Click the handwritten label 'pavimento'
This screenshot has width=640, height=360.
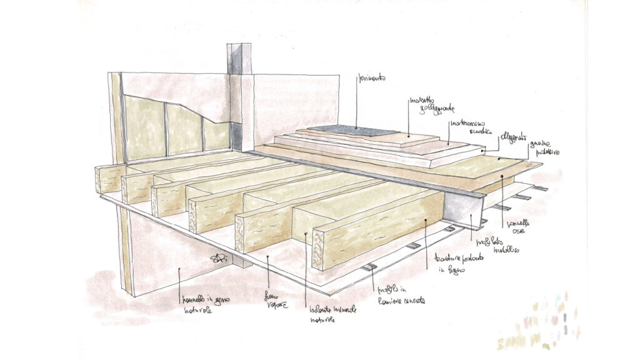pos(371,79)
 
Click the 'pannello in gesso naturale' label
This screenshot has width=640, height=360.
pos(199,303)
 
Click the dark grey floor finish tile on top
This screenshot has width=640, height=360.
pos(356,131)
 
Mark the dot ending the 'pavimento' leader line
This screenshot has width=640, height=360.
pos(357,129)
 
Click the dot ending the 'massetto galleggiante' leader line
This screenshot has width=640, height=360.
pos(407,136)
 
